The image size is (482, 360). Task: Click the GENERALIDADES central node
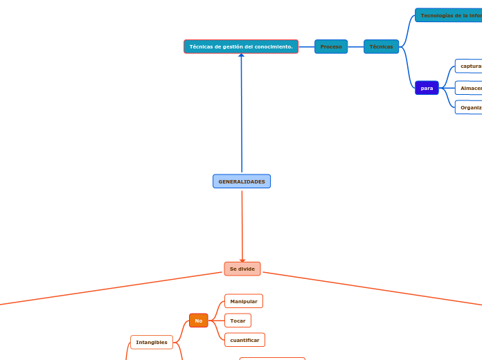point(242,181)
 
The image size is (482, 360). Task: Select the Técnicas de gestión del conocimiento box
point(241,46)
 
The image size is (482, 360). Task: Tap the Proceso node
point(331,46)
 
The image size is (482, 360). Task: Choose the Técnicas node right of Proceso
point(381,46)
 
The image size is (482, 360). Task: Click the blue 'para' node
point(427,88)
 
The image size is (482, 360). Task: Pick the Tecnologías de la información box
point(449,15)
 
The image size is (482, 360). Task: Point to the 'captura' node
point(470,66)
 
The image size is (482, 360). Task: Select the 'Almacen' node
point(470,88)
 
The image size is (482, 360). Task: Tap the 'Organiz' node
point(470,107)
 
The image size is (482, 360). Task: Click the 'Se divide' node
point(242,269)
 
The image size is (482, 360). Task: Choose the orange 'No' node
point(199,321)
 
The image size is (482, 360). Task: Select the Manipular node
point(244,301)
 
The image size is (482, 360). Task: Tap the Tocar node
point(238,321)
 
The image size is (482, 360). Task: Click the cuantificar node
point(244,340)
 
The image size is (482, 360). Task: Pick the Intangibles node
point(152,342)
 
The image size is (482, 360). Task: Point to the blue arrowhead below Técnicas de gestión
point(242,55)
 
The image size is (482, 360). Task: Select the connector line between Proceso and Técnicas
point(355,46)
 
